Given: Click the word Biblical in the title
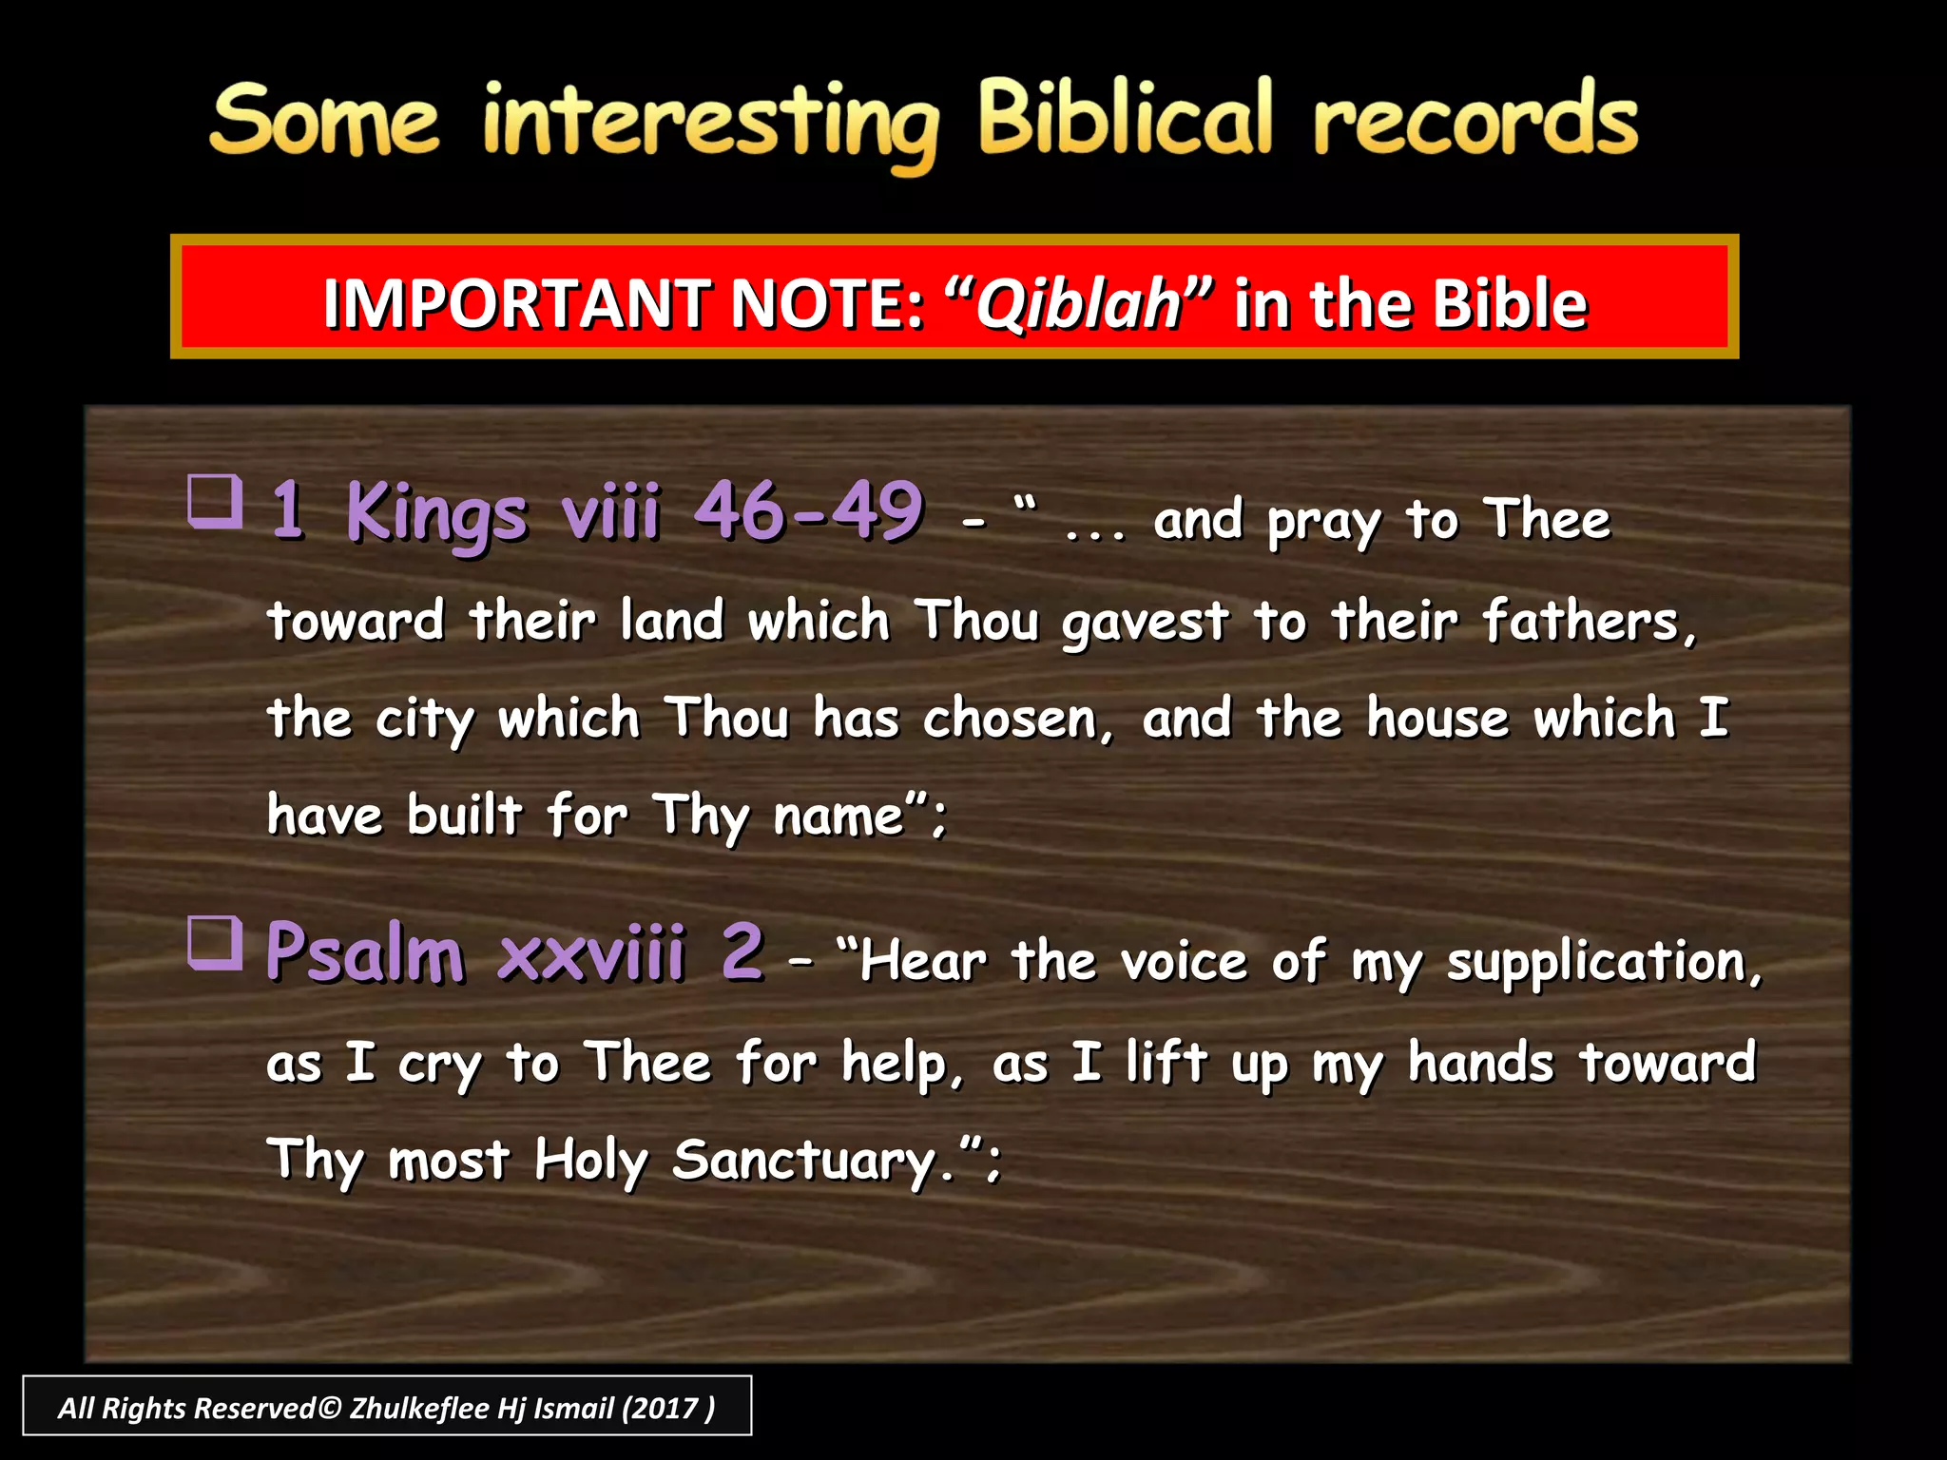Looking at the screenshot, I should (x=1125, y=119).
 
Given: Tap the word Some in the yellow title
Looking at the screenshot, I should (x=323, y=122).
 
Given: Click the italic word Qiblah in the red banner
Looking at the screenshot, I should (x=1078, y=304).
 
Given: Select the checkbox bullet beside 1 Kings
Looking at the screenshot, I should (x=215, y=501).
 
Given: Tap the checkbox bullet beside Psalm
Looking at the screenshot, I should (x=215, y=942).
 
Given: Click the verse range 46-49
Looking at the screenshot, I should (x=808, y=511).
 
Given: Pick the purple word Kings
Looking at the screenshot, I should (x=435, y=513).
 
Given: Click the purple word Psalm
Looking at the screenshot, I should (x=365, y=952).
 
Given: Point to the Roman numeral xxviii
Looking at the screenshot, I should (x=590, y=952).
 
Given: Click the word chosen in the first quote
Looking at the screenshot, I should (x=1015, y=719).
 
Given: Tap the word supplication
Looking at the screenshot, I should (x=1603, y=962).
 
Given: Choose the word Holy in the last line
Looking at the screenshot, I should (x=590, y=1160).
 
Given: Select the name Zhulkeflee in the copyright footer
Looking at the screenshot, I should (x=418, y=1408).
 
